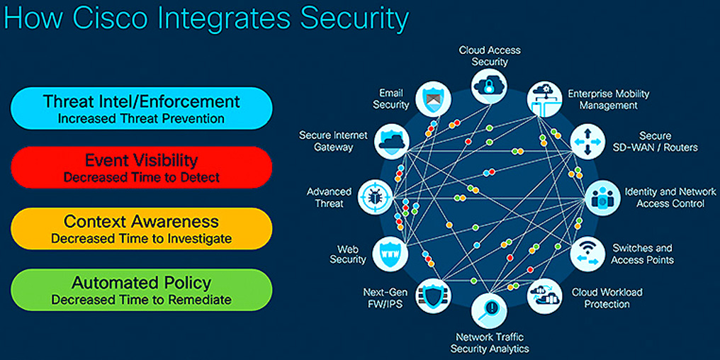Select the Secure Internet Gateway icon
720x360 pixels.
point(391,142)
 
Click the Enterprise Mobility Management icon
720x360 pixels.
point(544,99)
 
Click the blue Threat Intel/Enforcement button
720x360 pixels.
point(142,108)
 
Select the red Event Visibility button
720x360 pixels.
point(142,167)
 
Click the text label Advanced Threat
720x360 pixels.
point(329,198)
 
